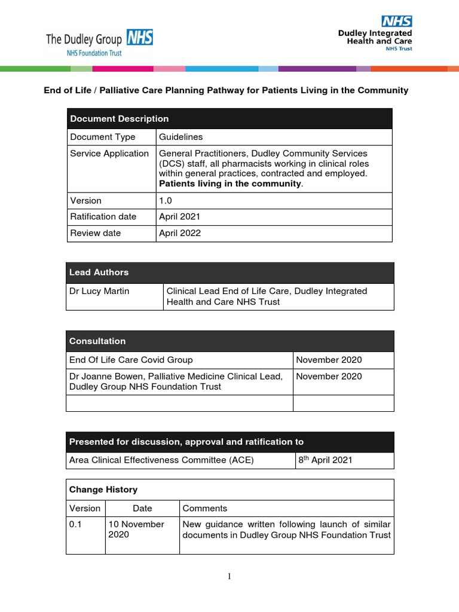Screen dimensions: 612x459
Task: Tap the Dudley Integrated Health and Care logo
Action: click(375, 33)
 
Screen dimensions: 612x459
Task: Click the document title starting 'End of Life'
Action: click(226, 91)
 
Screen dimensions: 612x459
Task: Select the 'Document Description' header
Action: click(120, 119)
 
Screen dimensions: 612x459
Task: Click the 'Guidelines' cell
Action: click(181, 137)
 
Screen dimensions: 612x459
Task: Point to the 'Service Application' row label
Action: click(109, 154)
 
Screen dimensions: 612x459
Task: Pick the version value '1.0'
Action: click(165, 201)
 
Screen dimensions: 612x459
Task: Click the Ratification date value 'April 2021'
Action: click(180, 217)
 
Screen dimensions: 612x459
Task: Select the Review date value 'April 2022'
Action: click(180, 233)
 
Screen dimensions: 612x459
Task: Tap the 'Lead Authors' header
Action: click(99, 273)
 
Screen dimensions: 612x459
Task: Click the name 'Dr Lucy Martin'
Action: click(100, 291)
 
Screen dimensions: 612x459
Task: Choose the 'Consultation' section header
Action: click(97, 341)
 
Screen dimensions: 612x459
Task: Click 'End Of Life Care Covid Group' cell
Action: click(131, 360)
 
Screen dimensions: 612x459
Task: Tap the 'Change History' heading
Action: click(103, 489)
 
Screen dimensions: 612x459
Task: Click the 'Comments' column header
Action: click(205, 509)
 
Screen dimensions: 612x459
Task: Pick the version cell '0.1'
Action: click(76, 524)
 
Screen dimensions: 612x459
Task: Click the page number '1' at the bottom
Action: click(229, 576)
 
